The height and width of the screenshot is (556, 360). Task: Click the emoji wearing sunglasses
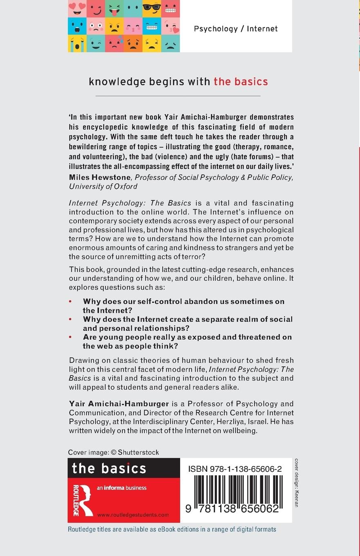click(x=152, y=8)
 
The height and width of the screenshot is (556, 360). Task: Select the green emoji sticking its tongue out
click(x=114, y=8)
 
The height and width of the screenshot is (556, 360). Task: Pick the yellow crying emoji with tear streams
click(x=77, y=43)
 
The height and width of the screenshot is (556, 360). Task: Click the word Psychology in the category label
click(x=216, y=29)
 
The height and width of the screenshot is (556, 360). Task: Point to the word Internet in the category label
click(x=262, y=29)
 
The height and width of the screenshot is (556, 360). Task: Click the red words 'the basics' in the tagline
click(x=241, y=81)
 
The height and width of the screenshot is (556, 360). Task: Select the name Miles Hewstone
click(x=99, y=177)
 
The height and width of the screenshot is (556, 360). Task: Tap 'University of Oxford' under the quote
click(x=103, y=186)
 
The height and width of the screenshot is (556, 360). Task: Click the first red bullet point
click(x=70, y=301)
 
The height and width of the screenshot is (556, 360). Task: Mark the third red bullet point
click(x=70, y=337)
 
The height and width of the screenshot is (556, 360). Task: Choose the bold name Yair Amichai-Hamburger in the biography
click(x=113, y=404)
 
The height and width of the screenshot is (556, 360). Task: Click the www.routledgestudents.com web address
click(x=133, y=515)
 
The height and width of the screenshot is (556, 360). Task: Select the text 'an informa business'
click(x=122, y=488)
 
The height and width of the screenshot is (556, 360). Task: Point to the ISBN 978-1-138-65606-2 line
click(x=235, y=469)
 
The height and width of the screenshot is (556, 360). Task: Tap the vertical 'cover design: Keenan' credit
click(x=296, y=482)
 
